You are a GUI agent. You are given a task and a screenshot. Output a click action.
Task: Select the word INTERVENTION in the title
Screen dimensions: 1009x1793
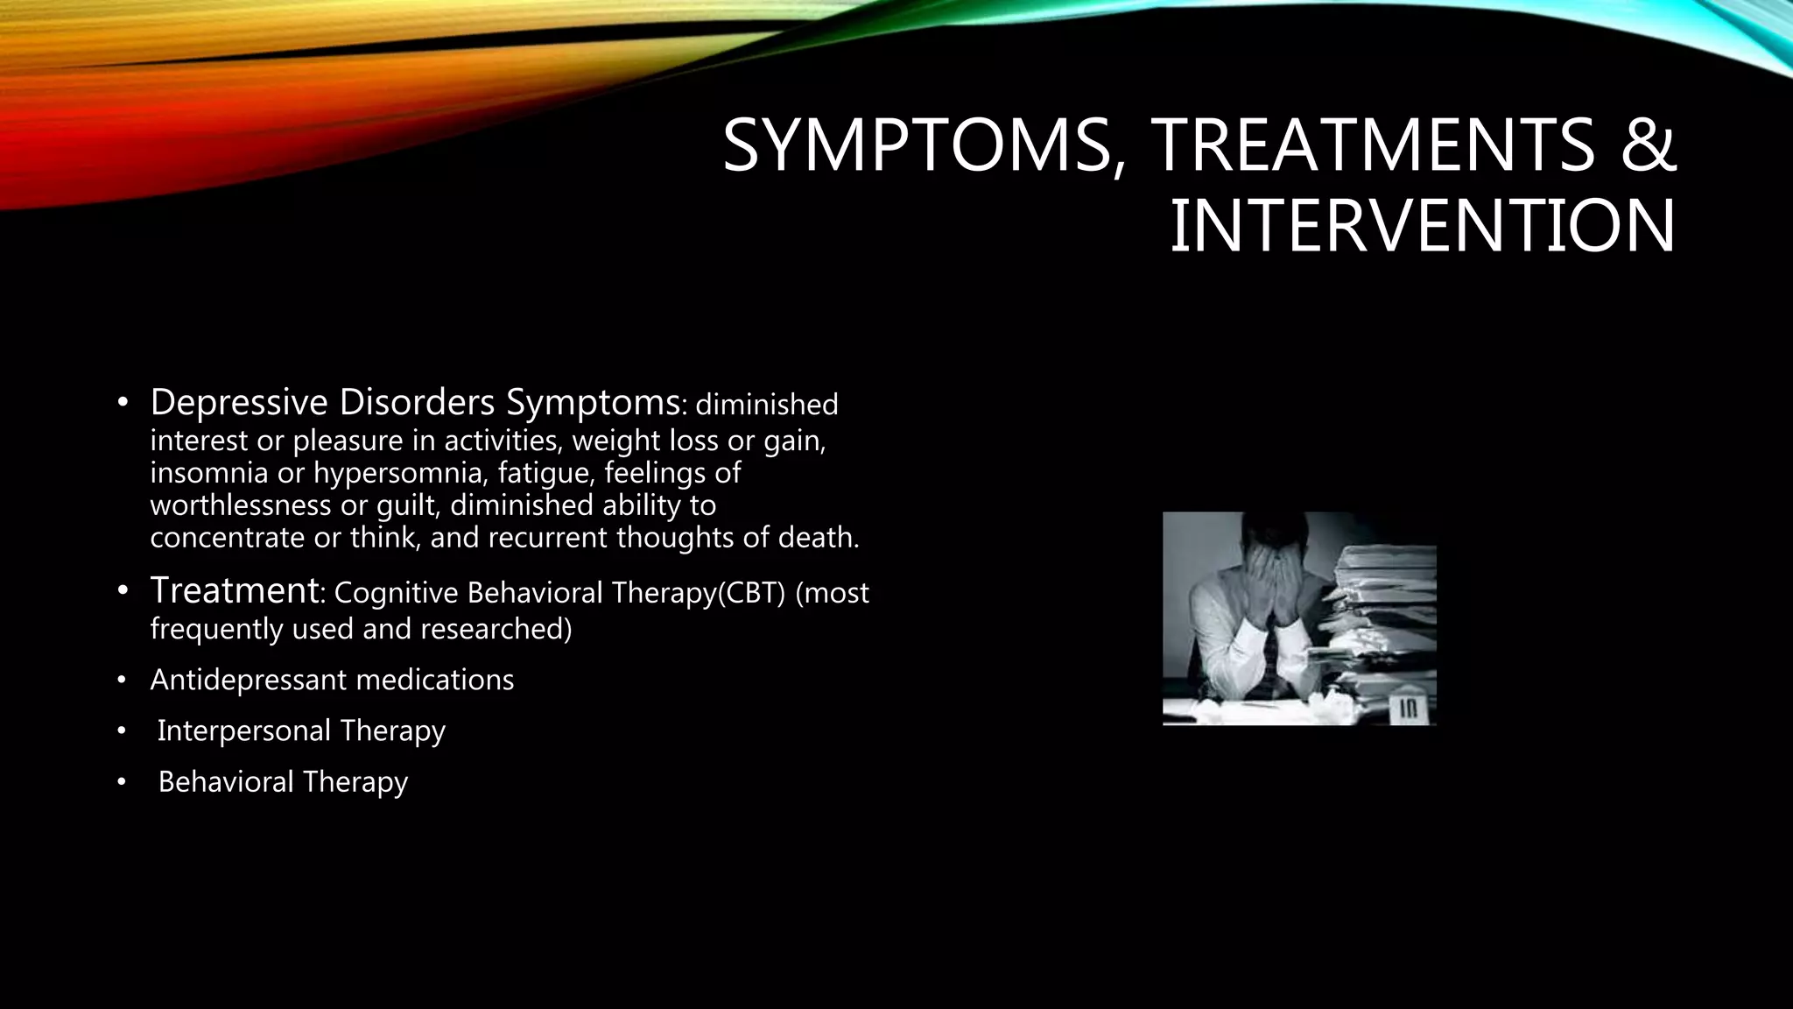coord(1423,227)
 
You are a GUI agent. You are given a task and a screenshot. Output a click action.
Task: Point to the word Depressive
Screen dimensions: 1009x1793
coord(239,403)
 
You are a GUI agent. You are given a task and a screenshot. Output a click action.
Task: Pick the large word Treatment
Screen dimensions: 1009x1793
coord(235,590)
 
